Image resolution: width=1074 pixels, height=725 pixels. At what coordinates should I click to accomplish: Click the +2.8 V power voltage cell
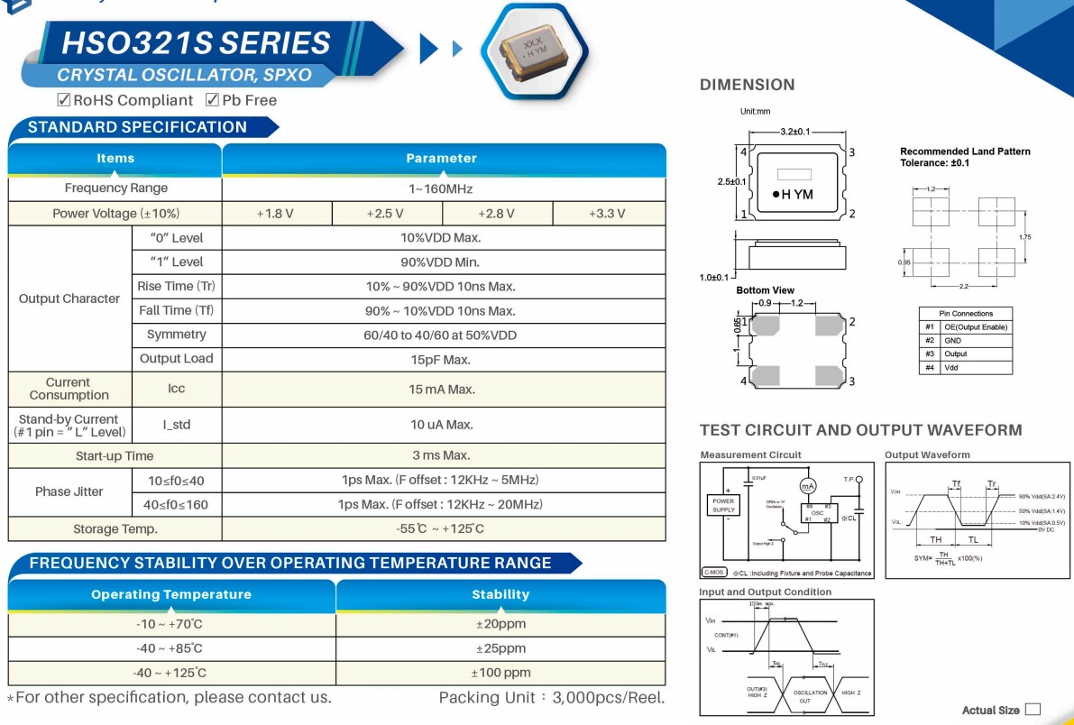497,214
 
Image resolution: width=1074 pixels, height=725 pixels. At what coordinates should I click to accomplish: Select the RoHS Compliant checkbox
64,100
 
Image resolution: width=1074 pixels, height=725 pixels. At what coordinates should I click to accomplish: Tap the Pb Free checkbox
213,100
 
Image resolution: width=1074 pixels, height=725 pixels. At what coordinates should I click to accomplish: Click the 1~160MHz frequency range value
441,188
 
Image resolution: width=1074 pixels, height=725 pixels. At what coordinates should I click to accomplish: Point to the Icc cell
176,390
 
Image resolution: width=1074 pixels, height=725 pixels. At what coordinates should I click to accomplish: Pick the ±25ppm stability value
500,648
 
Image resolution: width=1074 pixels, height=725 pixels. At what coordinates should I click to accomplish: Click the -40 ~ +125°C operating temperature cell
170,673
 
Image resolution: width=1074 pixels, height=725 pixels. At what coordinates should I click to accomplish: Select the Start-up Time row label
115,456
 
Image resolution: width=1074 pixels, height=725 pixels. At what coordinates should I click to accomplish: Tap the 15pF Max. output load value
441,360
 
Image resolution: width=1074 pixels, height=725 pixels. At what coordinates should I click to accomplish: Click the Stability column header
500,594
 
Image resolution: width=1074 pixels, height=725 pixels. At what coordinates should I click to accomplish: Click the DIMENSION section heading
748,85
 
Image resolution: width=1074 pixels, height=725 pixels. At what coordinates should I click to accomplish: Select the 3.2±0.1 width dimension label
795,133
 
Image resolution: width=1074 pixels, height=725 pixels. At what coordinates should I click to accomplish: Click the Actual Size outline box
1033,710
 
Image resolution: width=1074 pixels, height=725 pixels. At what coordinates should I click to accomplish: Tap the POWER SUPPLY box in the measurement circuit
723,505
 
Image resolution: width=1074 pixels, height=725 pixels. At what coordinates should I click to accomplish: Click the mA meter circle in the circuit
808,485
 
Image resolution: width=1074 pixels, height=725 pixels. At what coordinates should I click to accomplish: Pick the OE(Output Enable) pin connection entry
975,327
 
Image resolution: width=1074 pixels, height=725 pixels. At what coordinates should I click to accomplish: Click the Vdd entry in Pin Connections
951,368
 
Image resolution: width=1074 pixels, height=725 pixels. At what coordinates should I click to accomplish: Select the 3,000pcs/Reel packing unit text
609,698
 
